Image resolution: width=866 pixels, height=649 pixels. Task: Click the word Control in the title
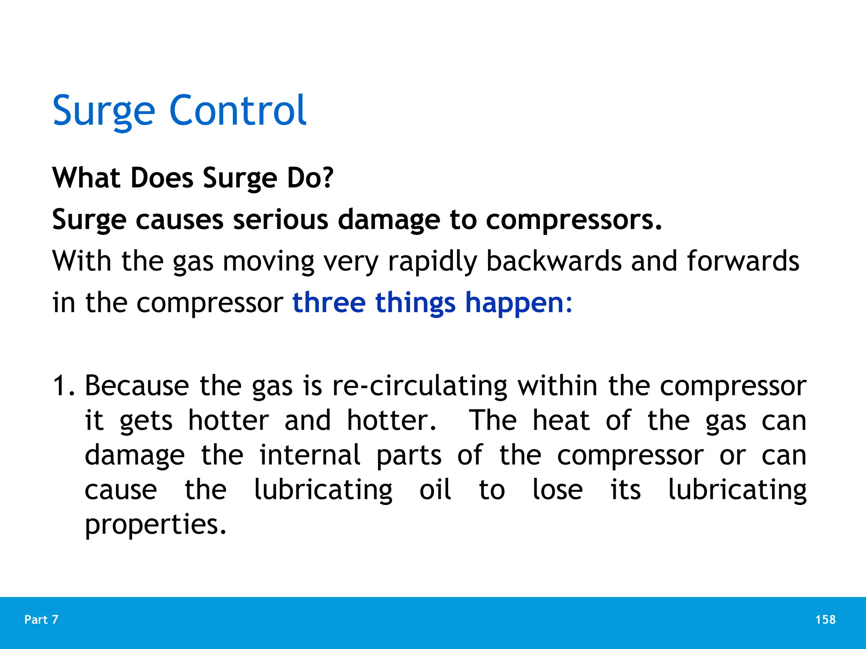point(238,111)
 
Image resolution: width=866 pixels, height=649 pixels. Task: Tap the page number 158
point(825,619)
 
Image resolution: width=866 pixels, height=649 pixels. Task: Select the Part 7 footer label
point(41,619)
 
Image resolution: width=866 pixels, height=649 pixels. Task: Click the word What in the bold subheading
point(87,178)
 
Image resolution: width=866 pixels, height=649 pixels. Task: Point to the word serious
point(280,220)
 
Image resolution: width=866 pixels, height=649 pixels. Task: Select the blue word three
point(329,303)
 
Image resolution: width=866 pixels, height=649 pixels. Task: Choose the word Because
point(137,386)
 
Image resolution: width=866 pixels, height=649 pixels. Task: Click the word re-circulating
point(420,387)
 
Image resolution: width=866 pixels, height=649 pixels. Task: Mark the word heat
point(561,421)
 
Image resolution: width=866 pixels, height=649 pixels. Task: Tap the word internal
point(310,455)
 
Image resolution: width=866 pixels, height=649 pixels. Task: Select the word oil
point(435,490)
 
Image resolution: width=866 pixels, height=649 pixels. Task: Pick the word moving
point(269,262)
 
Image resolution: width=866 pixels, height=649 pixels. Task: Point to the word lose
point(557,490)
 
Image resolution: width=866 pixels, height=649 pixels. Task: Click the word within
point(557,386)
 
